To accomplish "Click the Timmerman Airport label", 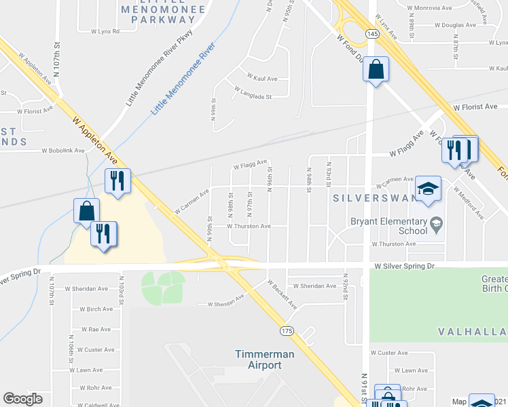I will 258,360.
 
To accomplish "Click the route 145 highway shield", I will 371,33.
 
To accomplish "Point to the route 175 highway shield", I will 287,330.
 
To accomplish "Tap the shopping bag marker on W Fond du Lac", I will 376,69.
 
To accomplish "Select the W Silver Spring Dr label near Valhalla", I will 403,267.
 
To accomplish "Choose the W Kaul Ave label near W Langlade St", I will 261,79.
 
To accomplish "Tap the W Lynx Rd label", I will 98,31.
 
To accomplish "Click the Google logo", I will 23,399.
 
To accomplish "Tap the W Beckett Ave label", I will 283,294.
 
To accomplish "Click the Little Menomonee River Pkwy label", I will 158,68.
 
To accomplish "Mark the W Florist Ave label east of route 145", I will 480,107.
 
